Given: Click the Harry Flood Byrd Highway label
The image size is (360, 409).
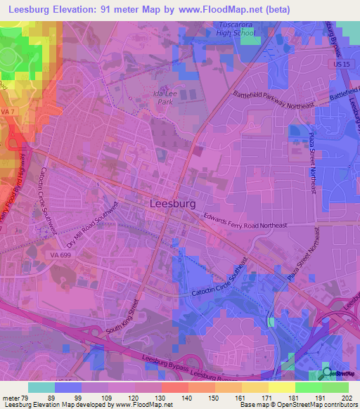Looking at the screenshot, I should [x=11, y=204].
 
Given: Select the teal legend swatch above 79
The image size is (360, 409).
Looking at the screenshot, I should [x=41, y=387].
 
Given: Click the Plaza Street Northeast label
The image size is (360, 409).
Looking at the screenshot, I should [x=314, y=161].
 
